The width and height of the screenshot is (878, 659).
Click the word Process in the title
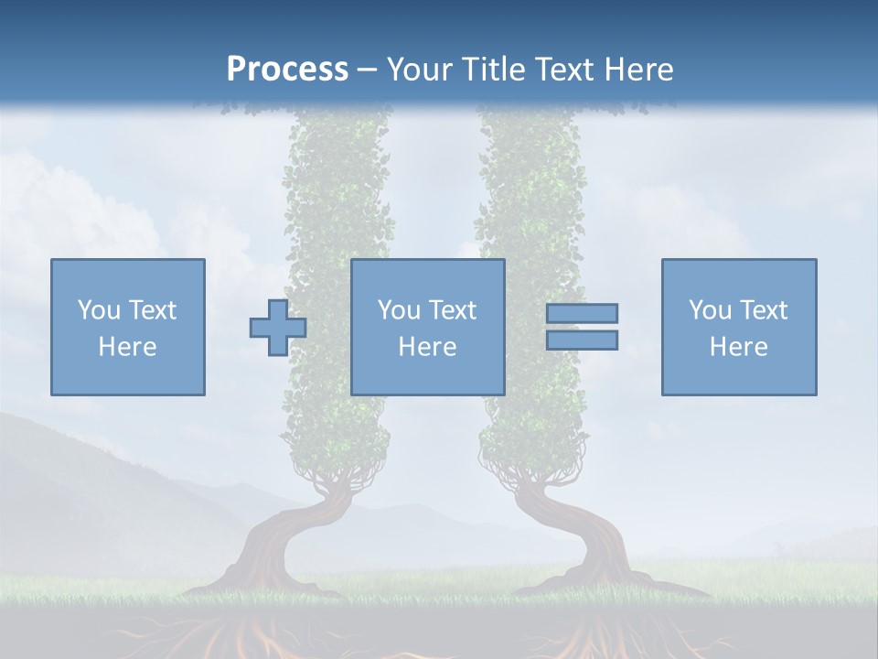point(287,69)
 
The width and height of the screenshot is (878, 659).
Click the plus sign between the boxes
point(278,328)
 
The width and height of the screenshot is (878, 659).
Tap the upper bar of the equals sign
point(582,313)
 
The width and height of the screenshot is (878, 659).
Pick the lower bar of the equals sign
point(582,340)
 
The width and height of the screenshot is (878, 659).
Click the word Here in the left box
point(127,347)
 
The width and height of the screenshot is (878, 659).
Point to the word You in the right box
point(709,310)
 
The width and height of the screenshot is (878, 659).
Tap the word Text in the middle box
point(452,310)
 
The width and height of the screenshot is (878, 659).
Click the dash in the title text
point(368,70)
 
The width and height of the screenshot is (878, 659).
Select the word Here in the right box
point(738,347)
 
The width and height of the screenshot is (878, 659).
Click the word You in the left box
point(98,310)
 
